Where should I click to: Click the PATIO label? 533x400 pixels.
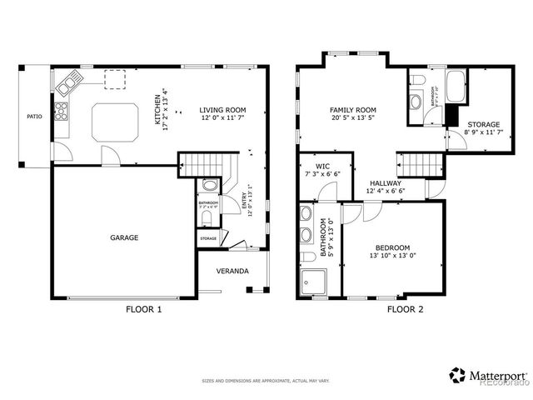(x=34, y=117)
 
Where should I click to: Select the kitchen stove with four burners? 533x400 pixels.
(x=61, y=112)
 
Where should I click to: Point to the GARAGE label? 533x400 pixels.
(x=123, y=237)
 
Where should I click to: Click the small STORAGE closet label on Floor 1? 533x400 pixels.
(x=208, y=238)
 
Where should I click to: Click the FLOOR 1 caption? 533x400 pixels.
(x=143, y=310)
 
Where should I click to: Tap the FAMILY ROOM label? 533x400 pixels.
(x=353, y=110)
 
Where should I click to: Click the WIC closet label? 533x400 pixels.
(x=323, y=166)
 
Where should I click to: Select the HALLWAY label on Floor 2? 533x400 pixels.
(x=385, y=183)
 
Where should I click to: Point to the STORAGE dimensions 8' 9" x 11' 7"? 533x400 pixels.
(x=477, y=132)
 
